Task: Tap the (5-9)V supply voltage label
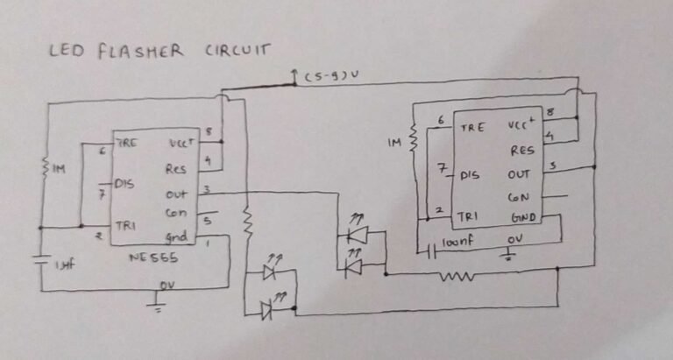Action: [333, 78]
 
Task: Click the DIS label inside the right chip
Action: [471, 175]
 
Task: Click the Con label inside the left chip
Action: [174, 213]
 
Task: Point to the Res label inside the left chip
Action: [175, 168]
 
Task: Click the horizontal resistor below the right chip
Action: [457, 277]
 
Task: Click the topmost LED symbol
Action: [356, 235]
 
